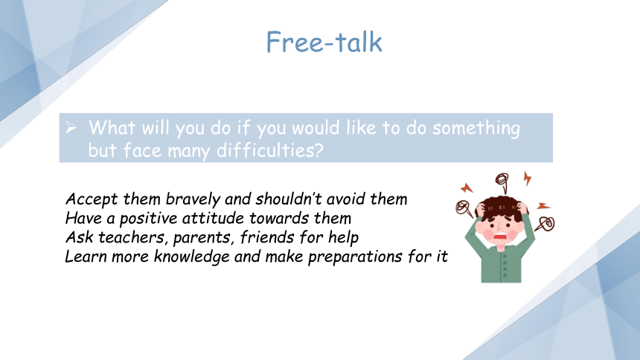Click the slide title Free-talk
(324, 42)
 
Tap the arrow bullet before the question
(71, 127)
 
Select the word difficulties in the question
(270, 150)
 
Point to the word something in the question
(476, 129)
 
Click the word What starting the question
(112, 127)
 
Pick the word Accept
(92, 199)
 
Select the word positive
(149, 219)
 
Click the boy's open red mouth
(500, 237)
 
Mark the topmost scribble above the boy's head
(502, 181)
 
